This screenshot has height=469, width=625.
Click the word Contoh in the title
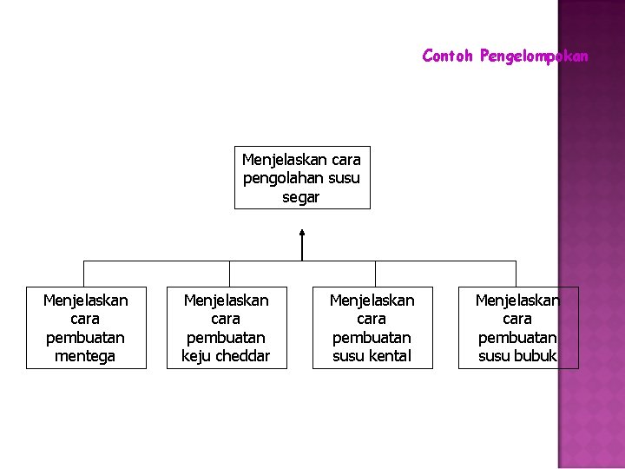tap(447, 56)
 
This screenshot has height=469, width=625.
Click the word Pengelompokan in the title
tap(534, 56)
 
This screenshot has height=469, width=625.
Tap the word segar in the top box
tap(301, 197)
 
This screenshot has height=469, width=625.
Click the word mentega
tap(85, 356)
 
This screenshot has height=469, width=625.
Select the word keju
tap(197, 356)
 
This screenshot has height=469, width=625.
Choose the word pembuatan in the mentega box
tap(85, 337)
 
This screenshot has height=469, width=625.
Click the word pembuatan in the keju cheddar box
tap(226, 337)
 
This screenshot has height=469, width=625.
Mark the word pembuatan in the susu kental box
tap(372, 337)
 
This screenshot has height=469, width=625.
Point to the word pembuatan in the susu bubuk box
tap(517, 337)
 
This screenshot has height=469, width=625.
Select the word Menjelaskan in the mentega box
tap(85, 300)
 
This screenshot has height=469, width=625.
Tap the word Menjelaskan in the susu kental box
tap(372, 300)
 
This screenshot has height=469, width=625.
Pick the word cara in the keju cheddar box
tap(226, 319)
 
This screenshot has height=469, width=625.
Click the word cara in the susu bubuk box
tap(517, 319)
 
